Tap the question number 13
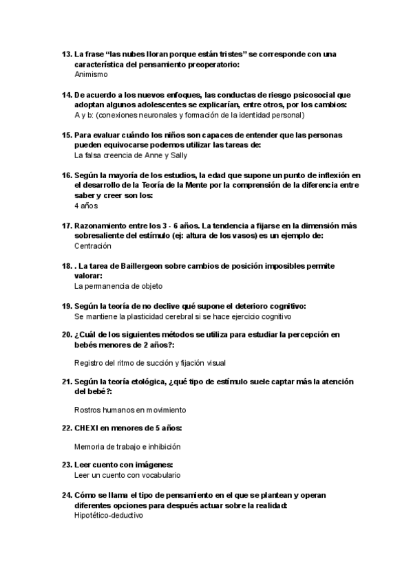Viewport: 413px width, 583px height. [x=67, y=54]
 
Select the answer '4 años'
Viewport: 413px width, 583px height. [x=86, y=206]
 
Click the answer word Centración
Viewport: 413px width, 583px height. [x=92, y=245]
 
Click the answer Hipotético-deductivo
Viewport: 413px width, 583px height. [x=108, y=515]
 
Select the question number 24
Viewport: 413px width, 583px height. [x=67, y=495]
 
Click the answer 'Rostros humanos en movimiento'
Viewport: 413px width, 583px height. [x=130, y=410]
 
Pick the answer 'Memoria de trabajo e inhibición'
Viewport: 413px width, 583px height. [x=128, y=446]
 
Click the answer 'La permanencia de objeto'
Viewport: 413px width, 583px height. [x=118, y=285]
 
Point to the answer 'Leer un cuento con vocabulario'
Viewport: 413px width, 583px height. [x=127, y=475]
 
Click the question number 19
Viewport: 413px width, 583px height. [x=67, y=305]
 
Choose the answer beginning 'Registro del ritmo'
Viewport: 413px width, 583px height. [x=150, y=362]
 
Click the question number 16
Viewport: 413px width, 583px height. [x=67, y=175]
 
